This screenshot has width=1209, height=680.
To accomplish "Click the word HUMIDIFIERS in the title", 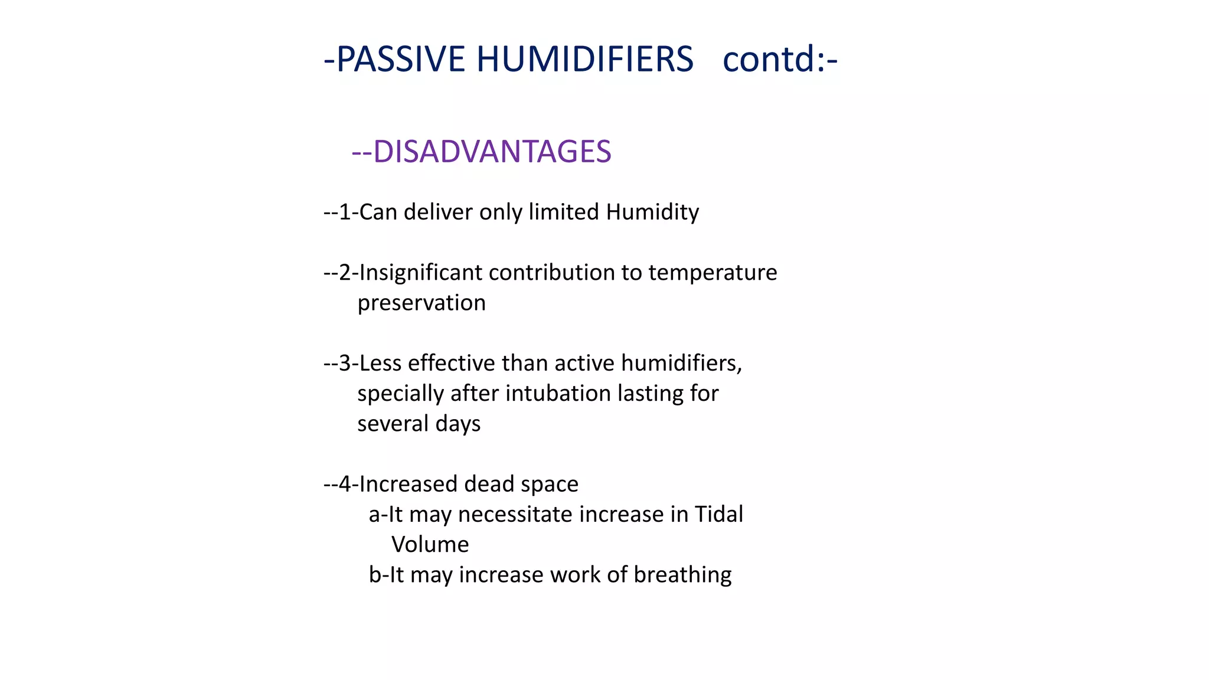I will tap(584, 60).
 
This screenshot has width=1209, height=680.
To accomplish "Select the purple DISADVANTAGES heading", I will tap(492, 152).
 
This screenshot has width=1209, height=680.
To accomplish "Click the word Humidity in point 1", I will tap(652, 212).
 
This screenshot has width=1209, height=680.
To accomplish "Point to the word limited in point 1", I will tap(563, 212).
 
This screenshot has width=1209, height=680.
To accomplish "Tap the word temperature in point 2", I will tap(713, 273).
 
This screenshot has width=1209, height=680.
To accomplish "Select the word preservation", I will tap(421, 303).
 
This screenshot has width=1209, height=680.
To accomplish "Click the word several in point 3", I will tap(393, 424).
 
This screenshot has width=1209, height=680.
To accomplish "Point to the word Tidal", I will tap(718, 515).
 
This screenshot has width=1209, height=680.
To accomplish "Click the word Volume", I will tap(430, 545).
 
